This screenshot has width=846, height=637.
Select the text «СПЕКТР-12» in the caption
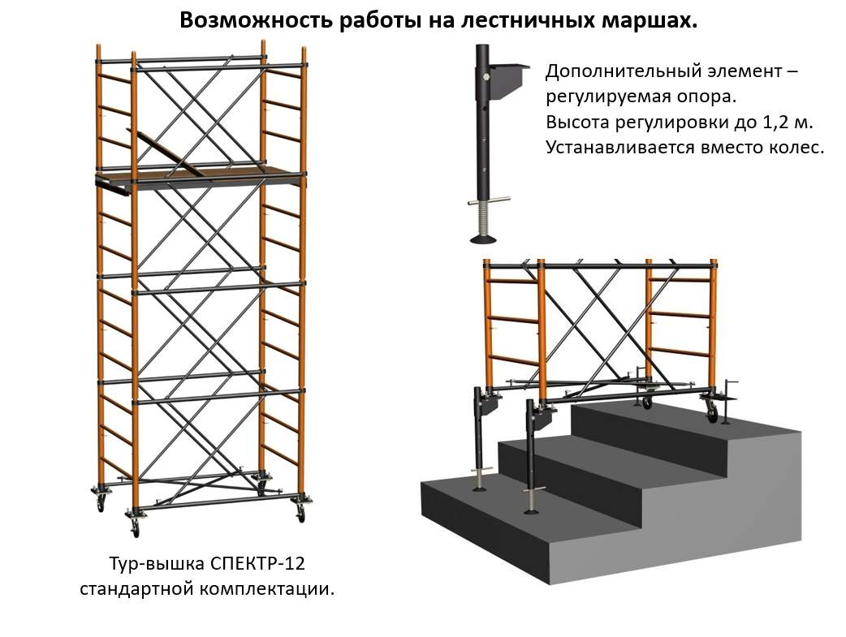[262, 563]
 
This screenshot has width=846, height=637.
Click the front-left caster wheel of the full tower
[134, 527]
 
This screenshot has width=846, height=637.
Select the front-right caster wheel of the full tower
[300, 513]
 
